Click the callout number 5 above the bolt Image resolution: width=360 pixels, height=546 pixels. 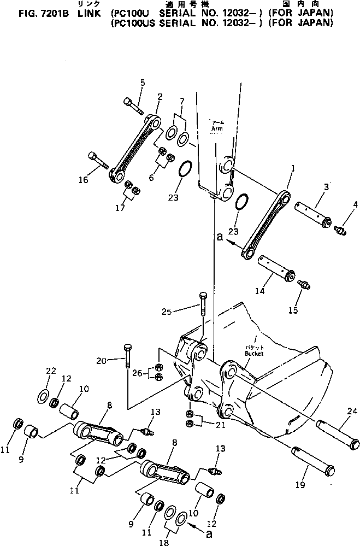[143, 83]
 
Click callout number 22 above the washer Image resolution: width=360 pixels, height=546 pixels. [50, 371]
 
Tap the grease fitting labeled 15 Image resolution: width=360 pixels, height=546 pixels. [304, 284]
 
